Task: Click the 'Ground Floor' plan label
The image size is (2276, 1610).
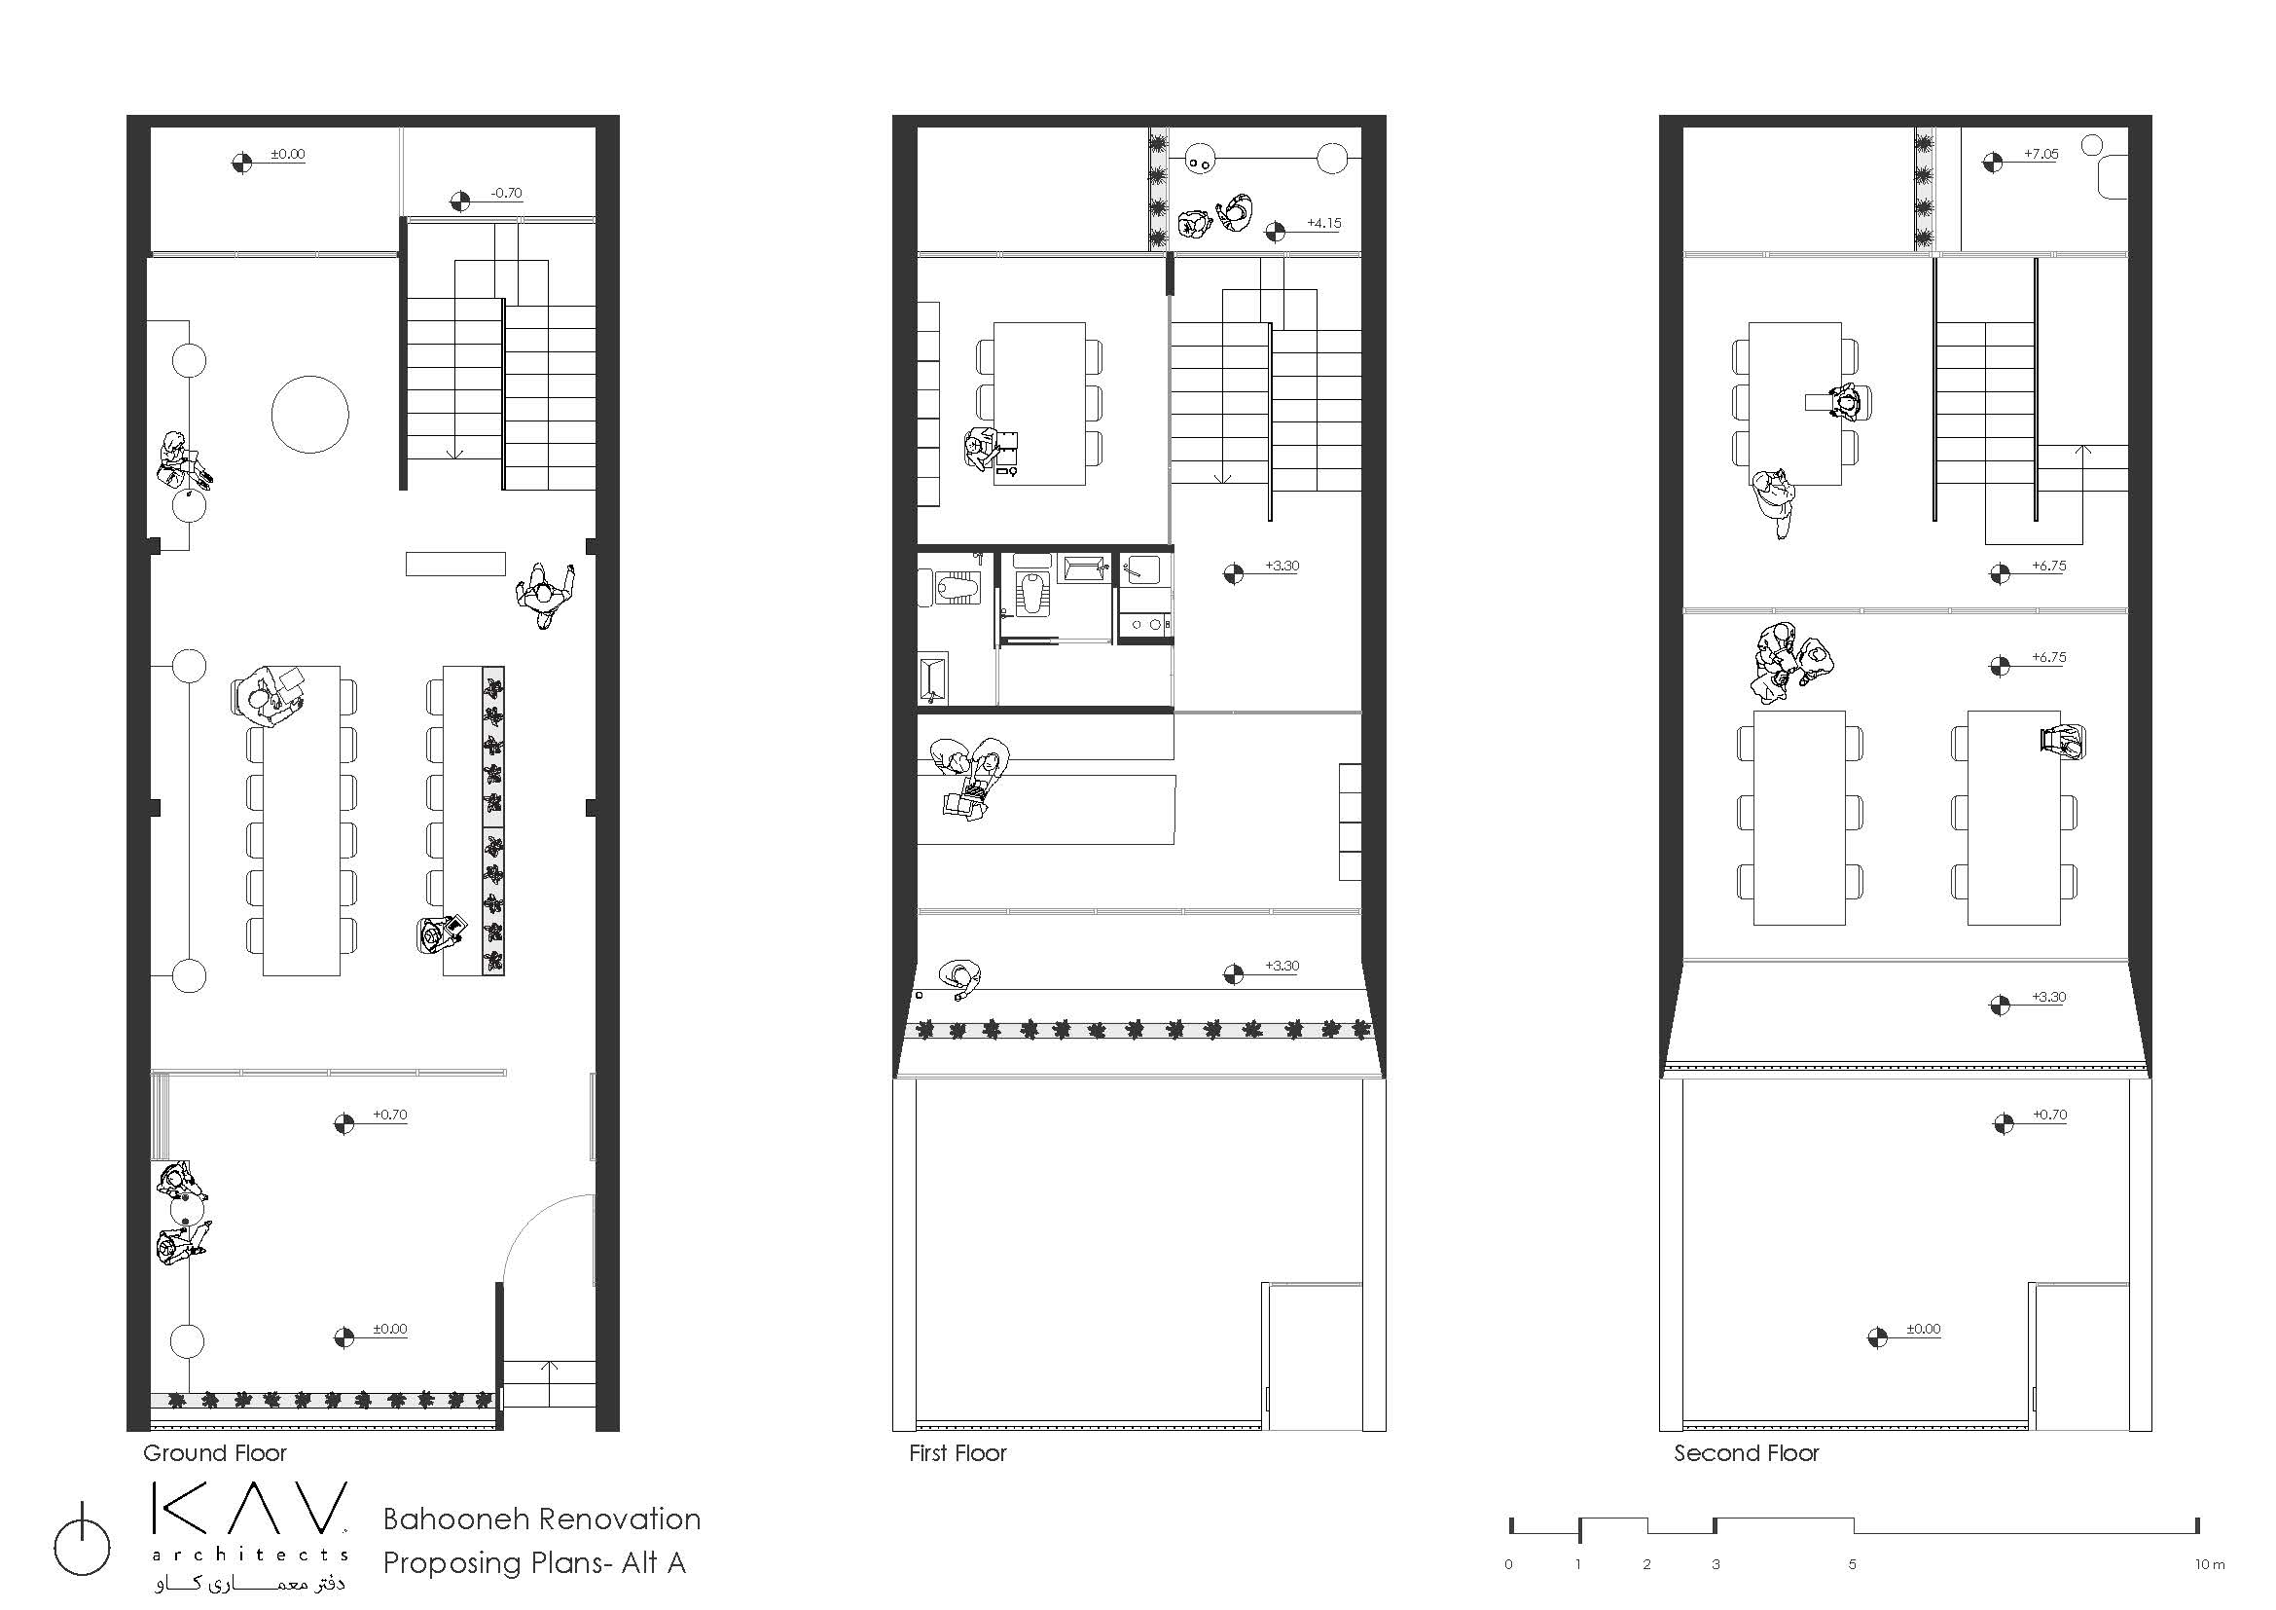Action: [214, 1453]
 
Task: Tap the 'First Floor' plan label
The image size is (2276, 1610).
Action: [957, 1453]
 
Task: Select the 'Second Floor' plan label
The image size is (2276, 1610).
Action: [1747, 1453]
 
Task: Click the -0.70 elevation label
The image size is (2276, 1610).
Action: [506, 194]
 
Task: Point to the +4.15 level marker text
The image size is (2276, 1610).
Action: [1323, 223]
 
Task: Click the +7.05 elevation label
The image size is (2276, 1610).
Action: [2041, 154]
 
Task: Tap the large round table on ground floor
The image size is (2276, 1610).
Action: [310, 415]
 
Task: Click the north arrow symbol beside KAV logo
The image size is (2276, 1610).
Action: [83, 1547]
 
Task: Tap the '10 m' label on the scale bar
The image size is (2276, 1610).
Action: [2210, 1564]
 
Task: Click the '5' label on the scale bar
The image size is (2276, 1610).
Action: [1852, 1564]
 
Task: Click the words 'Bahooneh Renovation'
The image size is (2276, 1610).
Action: [541, 1519]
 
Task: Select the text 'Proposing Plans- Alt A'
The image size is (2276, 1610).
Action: [534, 1563]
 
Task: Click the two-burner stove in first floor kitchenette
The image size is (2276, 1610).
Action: [1145, 625]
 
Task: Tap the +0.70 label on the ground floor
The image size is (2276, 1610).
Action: [389, 1115]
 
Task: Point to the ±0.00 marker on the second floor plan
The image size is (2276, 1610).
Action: [1922, 1330]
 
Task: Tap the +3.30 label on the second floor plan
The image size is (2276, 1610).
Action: [2048, 998]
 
